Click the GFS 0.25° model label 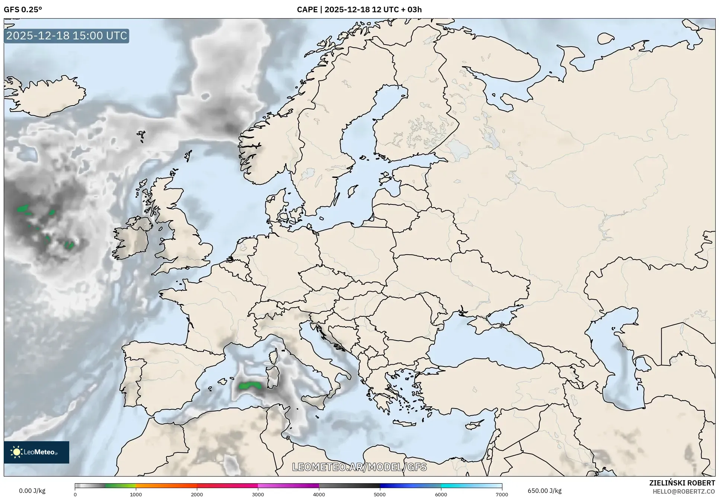coord(23,10)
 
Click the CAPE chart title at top coord(359,10)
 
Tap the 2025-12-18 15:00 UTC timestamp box coord(67,36)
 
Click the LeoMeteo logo coord(36,452)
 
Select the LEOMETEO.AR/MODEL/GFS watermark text coord(359,467)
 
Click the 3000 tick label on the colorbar coord(258,494)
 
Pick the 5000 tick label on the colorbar coord(380,494)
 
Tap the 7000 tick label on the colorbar coord(502,494)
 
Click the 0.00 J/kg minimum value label coord(32,491)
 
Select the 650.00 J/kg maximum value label coord(544,491)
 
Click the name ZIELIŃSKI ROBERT coord(682,483)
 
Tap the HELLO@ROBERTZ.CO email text coord(684,491)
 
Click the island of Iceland coord(45,95)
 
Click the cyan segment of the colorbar coord(456,486)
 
